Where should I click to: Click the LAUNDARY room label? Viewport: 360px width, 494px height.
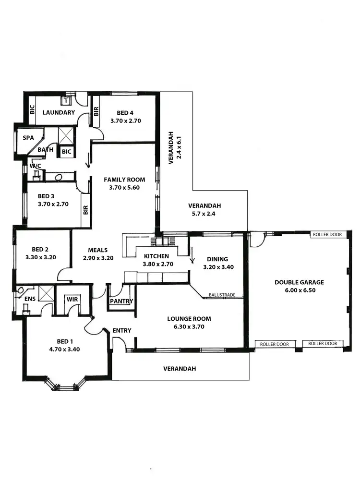[x=59, y=113]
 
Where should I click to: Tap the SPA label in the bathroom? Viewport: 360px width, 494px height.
[x=29, y=138]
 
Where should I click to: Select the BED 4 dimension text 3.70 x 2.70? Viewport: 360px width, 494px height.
[x=125, y=121]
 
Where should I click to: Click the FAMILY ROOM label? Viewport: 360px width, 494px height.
[x=124, y=180]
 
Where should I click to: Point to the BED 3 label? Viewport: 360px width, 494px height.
[x=47, y=196]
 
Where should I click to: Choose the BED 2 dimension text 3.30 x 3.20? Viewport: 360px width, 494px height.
[x=41, y=257]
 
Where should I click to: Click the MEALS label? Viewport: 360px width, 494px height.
[x=97, y=250]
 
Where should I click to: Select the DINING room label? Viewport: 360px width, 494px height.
[x=218, y=259]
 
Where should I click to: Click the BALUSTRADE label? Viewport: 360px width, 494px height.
[x=222, y=295]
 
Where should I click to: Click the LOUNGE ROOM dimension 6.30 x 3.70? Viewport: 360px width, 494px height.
[x=189, y=326]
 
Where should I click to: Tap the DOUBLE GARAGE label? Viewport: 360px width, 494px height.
[x=299, y=282]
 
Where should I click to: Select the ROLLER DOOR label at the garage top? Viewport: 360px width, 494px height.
[x=326, y=235]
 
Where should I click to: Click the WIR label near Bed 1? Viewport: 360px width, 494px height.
[x=72, y=299]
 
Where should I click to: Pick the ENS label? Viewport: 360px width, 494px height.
[x=30, y=298]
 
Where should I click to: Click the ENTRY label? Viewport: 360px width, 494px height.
[x=122, y=330]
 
